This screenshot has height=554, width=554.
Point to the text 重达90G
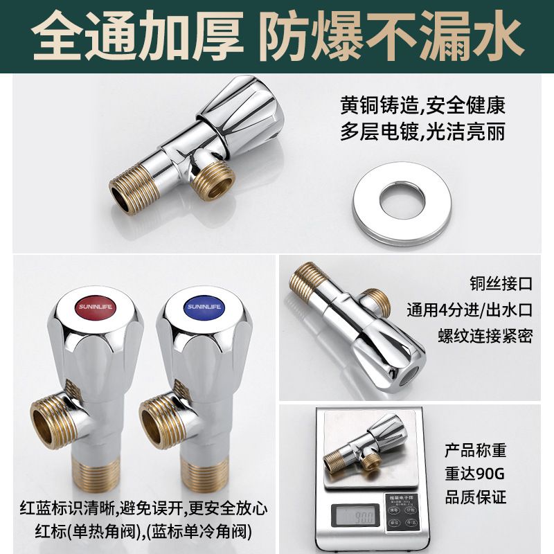click(x=475, y=474)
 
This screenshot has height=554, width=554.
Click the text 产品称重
click(x=475, y=451)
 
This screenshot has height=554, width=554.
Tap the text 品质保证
click(x=475, y=497)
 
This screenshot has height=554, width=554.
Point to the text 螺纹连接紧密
click(x=485, y=336)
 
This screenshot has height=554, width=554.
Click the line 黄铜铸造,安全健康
click(x=422, y=106)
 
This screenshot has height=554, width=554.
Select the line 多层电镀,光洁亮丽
click(x=422, y=132)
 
